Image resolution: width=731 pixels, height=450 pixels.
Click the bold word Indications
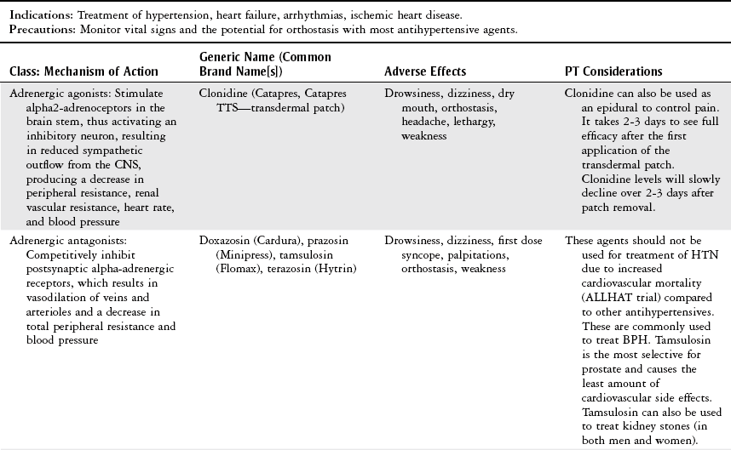(x=38, y=15)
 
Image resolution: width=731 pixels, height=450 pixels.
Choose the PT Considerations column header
(x=613, y=71)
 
